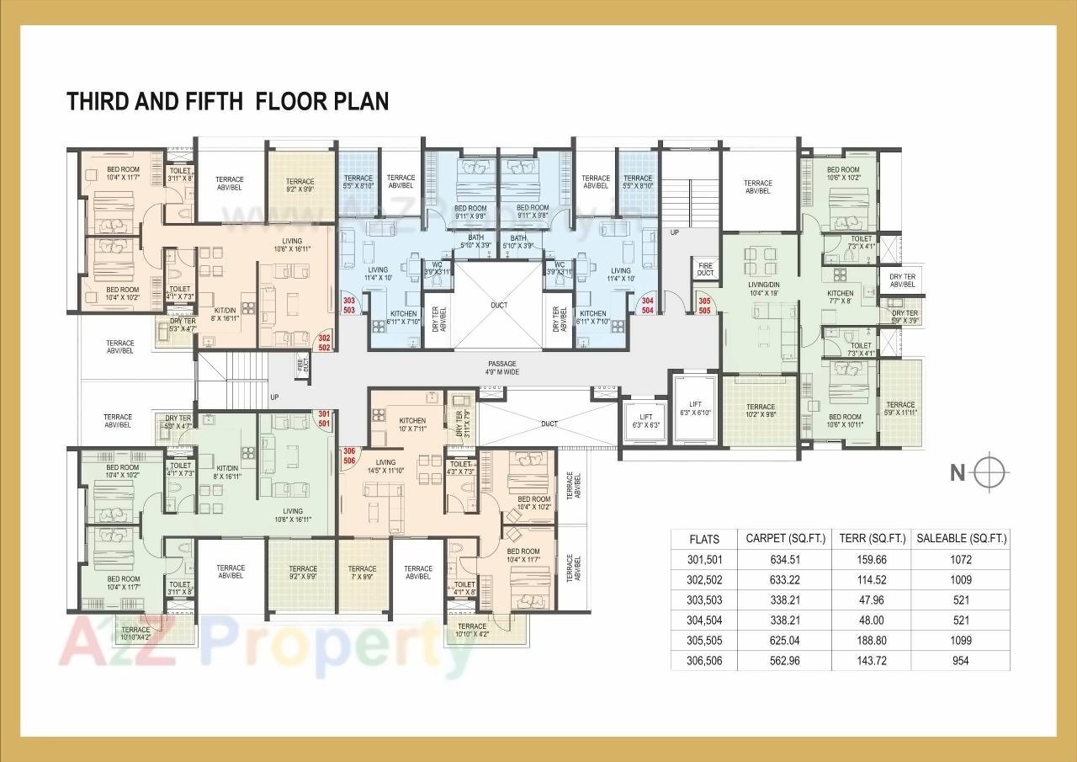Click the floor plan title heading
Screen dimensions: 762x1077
(x=227, y=102)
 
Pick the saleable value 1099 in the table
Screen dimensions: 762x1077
(x=960, y=641)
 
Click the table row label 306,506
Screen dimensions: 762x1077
(x=703, y=661)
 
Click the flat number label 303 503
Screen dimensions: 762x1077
(x=348, y=305)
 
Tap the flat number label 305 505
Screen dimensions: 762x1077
(x=704, y=305)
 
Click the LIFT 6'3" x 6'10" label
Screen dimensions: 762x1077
(x=694, y=408)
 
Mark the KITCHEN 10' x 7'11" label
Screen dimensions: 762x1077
(x=411, y=424)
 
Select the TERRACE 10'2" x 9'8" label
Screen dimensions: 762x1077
(x=760, y=410)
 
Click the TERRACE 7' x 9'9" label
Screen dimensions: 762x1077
(x=362, y=573)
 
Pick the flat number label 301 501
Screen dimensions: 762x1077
(x=324, y=418)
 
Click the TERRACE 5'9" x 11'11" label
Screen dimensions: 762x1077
(x=899, y=409)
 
